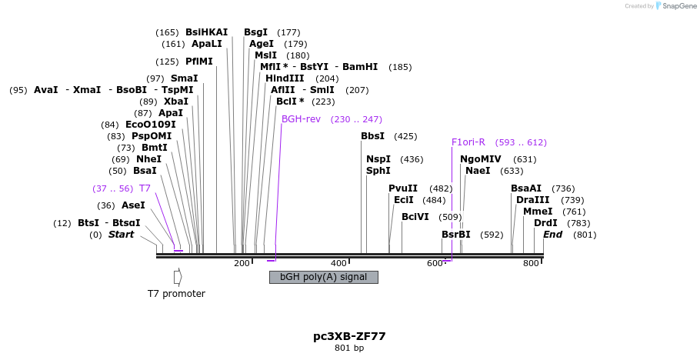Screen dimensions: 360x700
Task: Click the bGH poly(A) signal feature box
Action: coord(323,277)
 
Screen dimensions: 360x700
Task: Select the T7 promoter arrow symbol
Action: coord(178,277)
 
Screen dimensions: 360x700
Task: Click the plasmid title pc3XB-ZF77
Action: coord(349,336)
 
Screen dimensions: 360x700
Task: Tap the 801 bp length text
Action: coord(349,348)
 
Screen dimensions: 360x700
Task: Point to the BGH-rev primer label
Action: coord(301,119)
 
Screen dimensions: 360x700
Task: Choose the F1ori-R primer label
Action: coord(468,142)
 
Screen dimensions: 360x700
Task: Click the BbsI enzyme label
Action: coord(373,136)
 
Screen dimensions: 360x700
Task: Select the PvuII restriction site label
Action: coord(403,188)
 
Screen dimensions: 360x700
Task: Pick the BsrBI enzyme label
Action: coord(456,235)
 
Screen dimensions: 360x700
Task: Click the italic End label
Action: coord(552,235)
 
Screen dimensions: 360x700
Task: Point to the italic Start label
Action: coord(121,235)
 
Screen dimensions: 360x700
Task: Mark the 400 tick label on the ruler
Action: coord(338,264)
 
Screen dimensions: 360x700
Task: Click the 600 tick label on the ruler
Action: coord(435,264)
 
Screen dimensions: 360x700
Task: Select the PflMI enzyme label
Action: coord(199,62)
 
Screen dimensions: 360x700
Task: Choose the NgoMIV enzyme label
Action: coord(481,159)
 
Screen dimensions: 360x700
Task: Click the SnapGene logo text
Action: coord(677,6)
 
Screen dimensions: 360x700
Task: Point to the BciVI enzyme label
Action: coord(415,217)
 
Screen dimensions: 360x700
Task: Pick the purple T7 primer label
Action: coord(145,188)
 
